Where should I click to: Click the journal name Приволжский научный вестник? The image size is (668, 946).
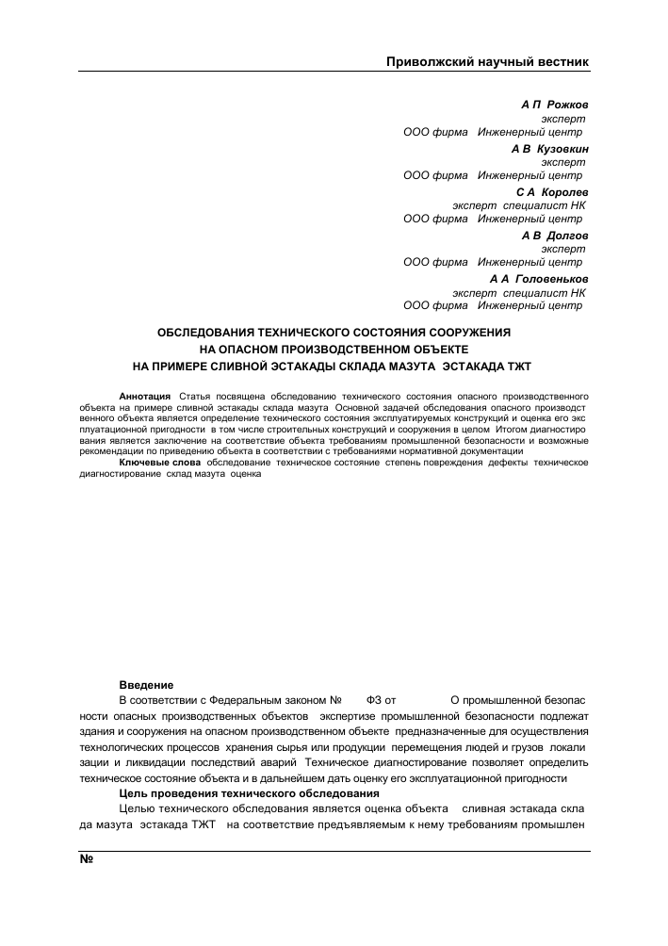488,62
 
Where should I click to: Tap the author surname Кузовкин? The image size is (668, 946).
563,148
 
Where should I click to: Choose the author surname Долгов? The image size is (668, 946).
565,236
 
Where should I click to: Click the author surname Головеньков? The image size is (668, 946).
552,279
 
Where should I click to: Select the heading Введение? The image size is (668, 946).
146,683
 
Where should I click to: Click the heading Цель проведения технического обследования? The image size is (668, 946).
249,794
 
